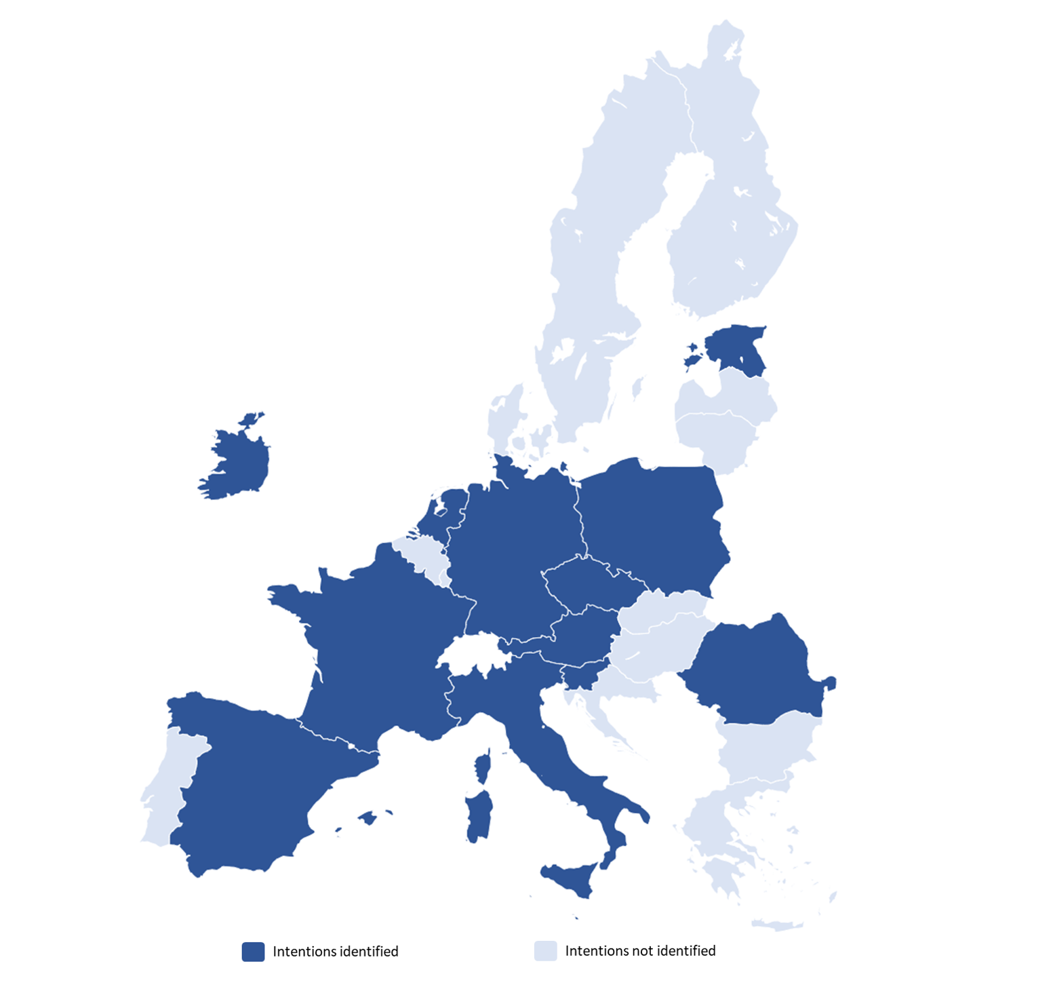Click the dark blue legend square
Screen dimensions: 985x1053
click(x=253, y=951)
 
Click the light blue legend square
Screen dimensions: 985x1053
click(x=545, y=950)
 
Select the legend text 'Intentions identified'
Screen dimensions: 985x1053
click(x=335, y=951)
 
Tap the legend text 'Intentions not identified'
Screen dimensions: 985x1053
click(x=640, y=950)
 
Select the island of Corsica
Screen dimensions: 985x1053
click(x=483, y=767)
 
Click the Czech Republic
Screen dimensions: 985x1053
click(x=590, y=583)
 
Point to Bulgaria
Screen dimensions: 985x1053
click(x=766, y=750)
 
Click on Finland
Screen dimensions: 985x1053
click(x=726, y=224)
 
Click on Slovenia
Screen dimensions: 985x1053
click(x=580, y=675)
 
